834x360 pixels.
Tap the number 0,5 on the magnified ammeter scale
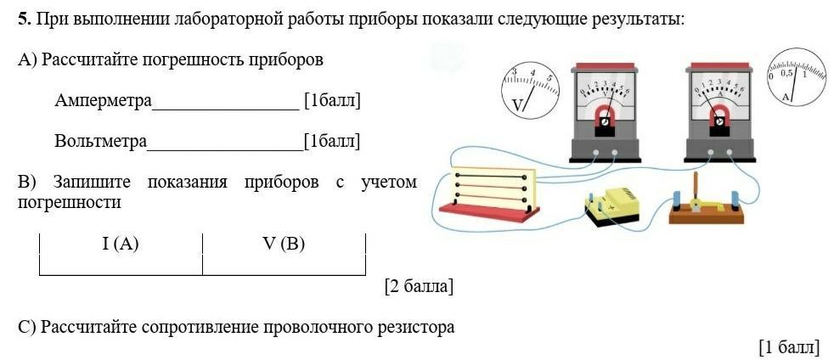(786, 73)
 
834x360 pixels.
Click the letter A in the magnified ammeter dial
(786, 97)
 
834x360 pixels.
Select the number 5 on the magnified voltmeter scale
(549, 77)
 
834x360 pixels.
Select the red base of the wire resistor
(489, 211)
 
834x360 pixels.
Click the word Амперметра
(103, 100)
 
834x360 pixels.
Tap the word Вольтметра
(100, 141)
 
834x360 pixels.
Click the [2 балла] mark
(420, 287)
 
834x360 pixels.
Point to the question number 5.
(25, 20)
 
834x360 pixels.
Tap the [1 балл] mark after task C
(789, 347)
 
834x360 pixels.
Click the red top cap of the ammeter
(719, 67)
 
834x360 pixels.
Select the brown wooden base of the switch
(707, 215)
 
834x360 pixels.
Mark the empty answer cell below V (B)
(284, 264)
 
